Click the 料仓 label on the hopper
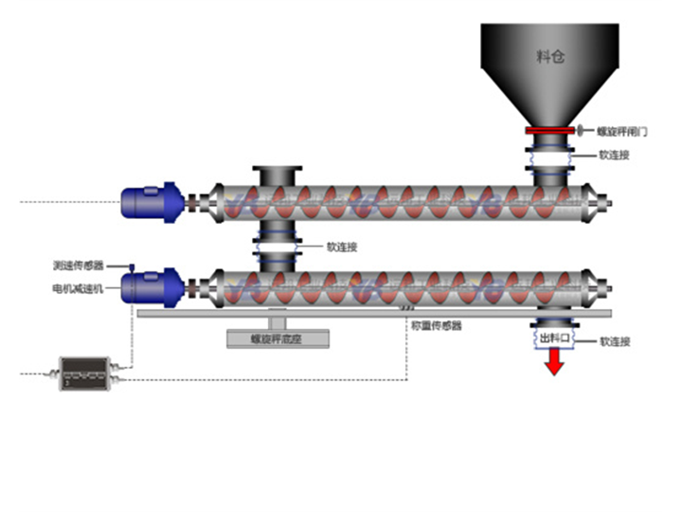[x=550, y=58]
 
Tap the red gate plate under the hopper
[x=550, y=131]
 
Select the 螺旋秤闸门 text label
[x=620, y=132]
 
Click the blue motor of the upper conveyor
[x=152, y=202]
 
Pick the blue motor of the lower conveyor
[x=152, y=286]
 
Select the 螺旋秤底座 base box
[x=278, y=338]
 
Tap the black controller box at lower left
[x=85, y=373]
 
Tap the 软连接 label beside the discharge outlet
[x=616, y=340]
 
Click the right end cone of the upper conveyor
[x=597, y=201]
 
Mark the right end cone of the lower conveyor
[x=597, y=286]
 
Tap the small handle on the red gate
[x=581, y=131]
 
